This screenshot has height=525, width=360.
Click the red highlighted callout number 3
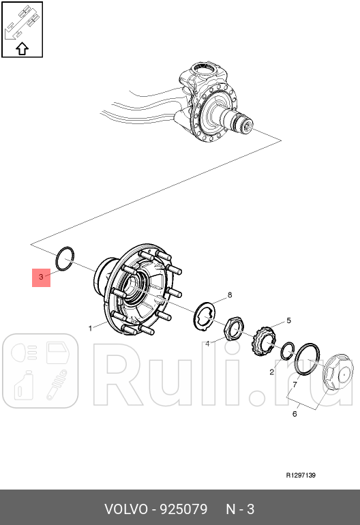(41, 277)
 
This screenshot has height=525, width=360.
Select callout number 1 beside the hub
(90, 328)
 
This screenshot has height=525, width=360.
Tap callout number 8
(230, 295)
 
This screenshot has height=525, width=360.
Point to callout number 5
(288, 320)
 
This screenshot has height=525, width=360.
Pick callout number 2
(271, 372)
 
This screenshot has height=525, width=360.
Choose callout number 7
(295, 385)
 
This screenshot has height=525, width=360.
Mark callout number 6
(295, 413)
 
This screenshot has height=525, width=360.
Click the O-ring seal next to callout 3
(64, 258)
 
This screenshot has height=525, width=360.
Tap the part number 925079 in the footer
(183, 509)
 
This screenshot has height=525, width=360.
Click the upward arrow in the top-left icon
(22, 48)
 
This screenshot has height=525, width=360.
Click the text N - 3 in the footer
(240, 509)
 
